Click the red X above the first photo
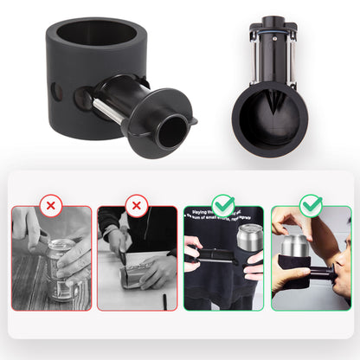(51, 207)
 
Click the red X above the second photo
(136, 207)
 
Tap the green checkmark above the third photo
(224, 206)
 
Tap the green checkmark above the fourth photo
(312, 206)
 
